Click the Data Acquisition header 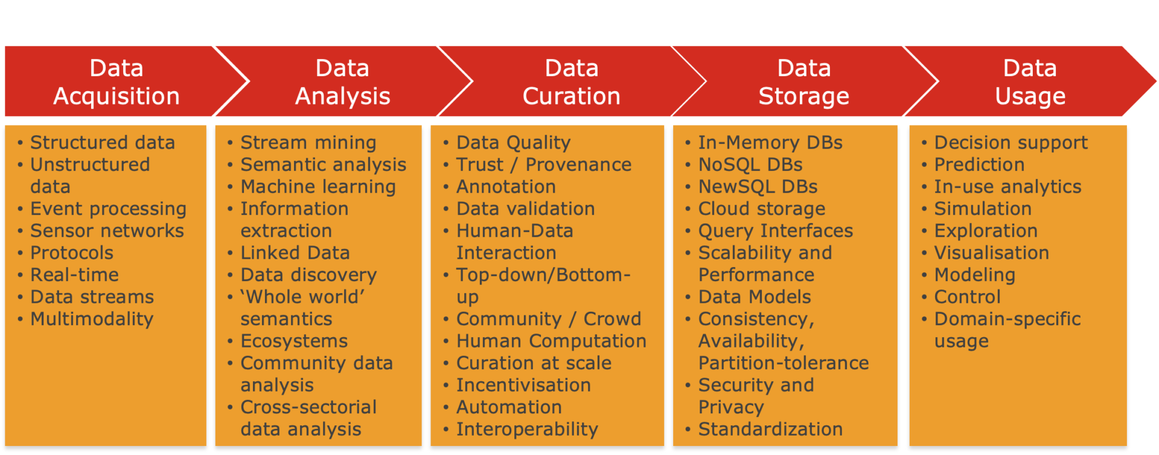pyautogui.click(x=116, y=82)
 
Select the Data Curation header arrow pyautogui.click(x=571, y=82)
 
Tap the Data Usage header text pyautogui.click(x=1030, y=82)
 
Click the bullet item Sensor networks pyautogui.click(x=107, y=231)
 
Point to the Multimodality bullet pyautogui.click(x=92, y=319)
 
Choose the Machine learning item pyautogui.click(x=318, y=187)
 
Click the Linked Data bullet pyautogui.click(x=295, y=253)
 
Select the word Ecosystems pyautogui.click(x=294, y=341)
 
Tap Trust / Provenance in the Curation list pyautogui.click(x=543, y=164)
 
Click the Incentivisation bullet pyautogui.click(x=523, y=385)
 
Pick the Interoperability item pyautogui.click(x=527, y=429)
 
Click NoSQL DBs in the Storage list pyautogui.click(x=750, y=164)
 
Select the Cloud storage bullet pyautogui.click(x=762, y=208)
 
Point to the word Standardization pyautogui.click(x=770, y=429)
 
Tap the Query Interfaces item pyautogui.click(x=776, y=231)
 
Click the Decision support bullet pyautogui.click(x=1011, y=143)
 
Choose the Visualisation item pyautogui.click(x=992, y=253)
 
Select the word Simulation pyautogui.click(x=983, y=208)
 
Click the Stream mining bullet pyautogui.click(x=308, y=143)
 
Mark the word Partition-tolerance pyautogui.click(x=784, y=363)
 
